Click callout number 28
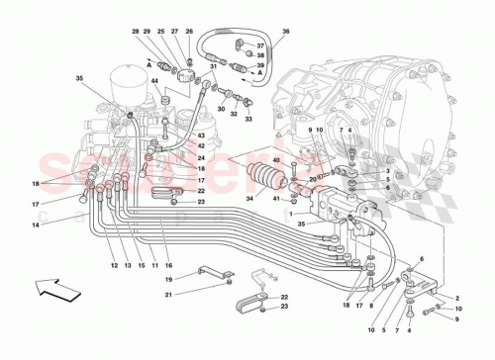point(135,33)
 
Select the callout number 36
point(285,33)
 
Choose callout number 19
point(167,280)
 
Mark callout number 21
point(167,295)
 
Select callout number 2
point(456,298)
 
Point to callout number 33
point(248,120)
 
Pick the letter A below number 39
point(260,74)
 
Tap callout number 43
point(201,135)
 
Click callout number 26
point(189,33)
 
